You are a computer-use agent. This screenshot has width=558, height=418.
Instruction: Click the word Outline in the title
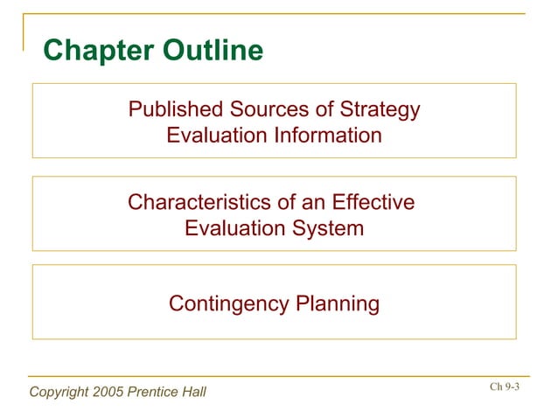tap(210, 52)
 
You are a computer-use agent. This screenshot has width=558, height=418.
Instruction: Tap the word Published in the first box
tap(176, 111)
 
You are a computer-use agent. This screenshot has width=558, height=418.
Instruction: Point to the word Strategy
tap(380, 112)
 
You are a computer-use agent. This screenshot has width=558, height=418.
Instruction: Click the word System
tap(329, 228)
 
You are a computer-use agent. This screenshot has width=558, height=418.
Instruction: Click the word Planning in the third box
tap(338, 304)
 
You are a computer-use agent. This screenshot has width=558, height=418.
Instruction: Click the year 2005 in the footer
tap(109, 391)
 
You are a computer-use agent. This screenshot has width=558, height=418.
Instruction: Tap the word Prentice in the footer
tap(154, 391)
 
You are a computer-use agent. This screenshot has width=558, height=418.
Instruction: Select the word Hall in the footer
tap(193, 391)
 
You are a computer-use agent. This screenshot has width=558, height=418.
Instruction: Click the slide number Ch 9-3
tap(505, 387)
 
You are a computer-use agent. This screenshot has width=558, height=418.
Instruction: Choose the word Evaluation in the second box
tap(236, 228)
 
